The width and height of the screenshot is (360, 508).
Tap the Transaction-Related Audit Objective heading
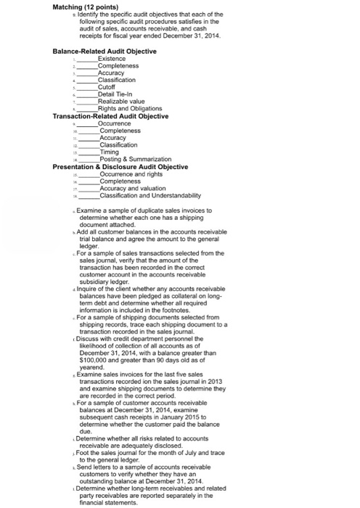[110, 116]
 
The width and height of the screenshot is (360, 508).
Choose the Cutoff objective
[107, 87]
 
